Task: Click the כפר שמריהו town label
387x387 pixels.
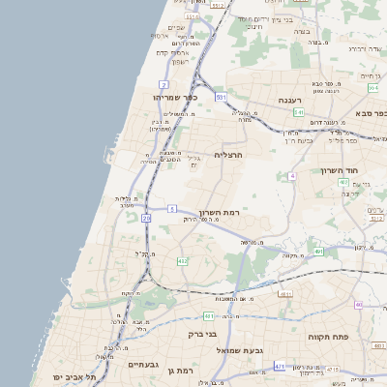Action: point(175,97)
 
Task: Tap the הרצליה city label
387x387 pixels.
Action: point(227,155)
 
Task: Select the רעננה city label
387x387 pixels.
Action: point(290,101)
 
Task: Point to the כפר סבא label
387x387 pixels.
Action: point(368,113)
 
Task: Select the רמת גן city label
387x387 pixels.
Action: point(180,370)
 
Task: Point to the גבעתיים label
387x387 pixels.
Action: point(142,365)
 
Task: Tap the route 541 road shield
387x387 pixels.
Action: point(299,112)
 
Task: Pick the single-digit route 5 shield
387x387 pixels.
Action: point(171,208)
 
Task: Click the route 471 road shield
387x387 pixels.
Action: point(280,367)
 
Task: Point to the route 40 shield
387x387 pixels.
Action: point(357,305)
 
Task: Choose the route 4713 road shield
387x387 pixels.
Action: point(331,370)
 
